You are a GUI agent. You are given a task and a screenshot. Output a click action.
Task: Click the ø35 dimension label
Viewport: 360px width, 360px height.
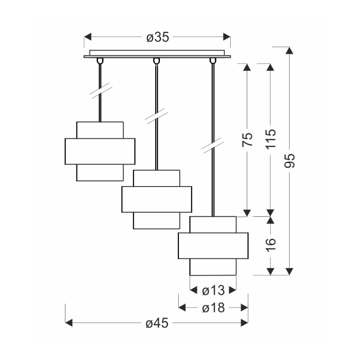click(x=158, y=37)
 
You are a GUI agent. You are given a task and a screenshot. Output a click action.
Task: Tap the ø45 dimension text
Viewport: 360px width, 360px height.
click(x=157, y=323)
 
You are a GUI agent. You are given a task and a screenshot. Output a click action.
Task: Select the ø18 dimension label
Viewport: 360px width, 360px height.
click(x=213, y=308)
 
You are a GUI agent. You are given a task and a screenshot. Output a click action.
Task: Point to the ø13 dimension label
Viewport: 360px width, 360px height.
click(x=213, y=291)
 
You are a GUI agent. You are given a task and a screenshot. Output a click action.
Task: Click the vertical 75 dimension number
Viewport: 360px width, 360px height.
click(x=247, y=139)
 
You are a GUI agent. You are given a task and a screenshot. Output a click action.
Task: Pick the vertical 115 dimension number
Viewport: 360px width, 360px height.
click(x=271, y=139)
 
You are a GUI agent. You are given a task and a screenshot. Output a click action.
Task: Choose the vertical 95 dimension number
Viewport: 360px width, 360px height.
click(x=289, y=161)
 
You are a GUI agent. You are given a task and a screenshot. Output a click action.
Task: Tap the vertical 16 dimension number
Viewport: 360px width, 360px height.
click(x=271, y=245)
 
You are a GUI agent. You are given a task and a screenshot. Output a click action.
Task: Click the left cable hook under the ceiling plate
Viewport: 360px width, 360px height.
click(x=100, y=60)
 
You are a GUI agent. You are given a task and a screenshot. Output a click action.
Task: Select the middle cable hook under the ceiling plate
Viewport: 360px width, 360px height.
click(x=156, y=60)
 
